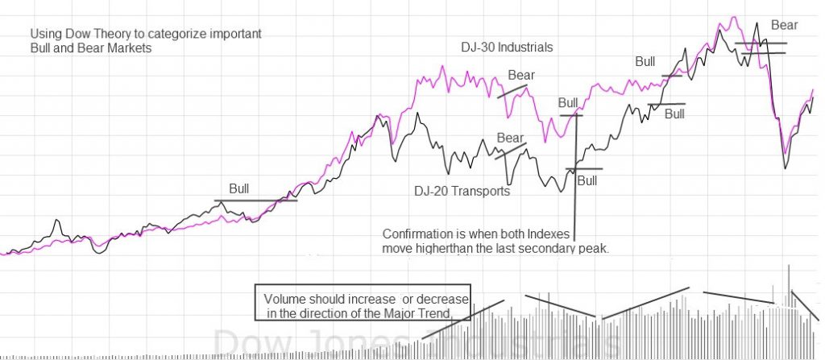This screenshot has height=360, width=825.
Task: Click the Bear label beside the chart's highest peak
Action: click(x=784, y=26)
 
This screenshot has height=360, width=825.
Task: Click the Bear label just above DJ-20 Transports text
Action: click(x=509, y=138)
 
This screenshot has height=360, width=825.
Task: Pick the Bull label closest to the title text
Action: click(x=238, y=189)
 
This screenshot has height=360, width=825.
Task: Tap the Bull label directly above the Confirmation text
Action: click(x=587, y=180)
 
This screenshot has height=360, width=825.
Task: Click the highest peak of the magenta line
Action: click(x=732, y=17)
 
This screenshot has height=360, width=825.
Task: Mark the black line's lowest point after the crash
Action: click(x=785, y=168)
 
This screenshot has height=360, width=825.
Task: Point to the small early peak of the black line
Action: click(x=56, y=220)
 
